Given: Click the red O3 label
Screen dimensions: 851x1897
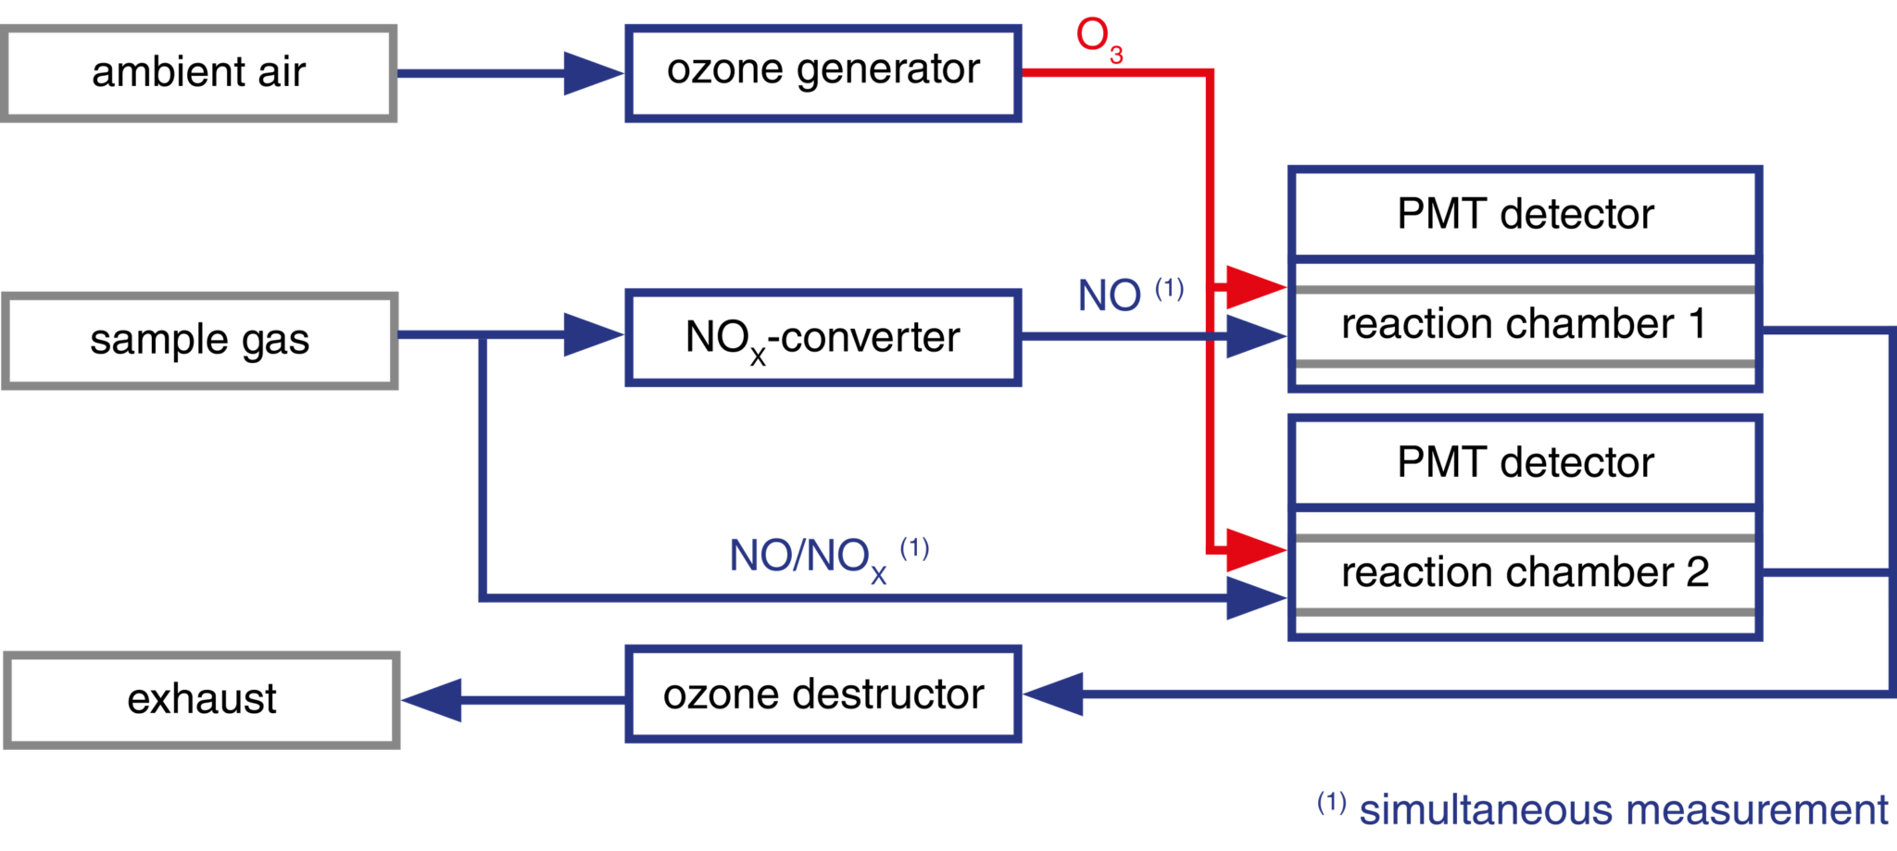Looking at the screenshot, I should [1099, 42].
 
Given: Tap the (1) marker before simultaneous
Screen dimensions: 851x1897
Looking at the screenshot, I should [1331, 802].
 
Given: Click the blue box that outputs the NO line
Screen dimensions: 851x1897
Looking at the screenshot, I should [823, 337].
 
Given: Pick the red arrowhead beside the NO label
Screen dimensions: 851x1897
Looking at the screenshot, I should [1256, 287].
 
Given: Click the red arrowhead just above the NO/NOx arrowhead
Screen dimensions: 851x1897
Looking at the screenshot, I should [1256, 551].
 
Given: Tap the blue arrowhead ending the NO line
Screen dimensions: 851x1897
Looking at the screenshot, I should [1256, 337].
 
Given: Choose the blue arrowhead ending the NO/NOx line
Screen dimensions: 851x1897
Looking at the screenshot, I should [1256, 599].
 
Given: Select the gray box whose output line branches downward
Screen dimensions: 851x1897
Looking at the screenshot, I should [200, 341].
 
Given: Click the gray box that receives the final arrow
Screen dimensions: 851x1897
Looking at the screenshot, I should [202, 699].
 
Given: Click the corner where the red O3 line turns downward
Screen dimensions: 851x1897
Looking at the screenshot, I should [1209, 72].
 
